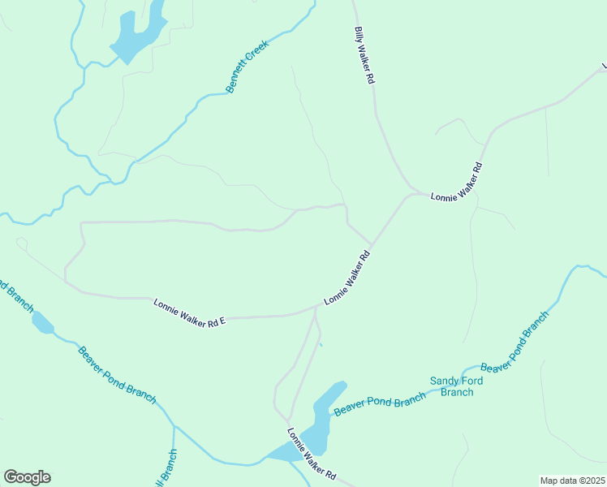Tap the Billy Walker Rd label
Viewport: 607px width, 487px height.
tap(364, 56)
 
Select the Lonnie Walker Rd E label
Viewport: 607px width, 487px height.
tap(188, 312)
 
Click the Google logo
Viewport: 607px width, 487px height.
tap(27, 477)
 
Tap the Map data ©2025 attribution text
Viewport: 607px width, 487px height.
tap(572, 481)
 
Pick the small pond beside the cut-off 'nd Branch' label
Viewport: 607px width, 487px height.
tap(42, 323)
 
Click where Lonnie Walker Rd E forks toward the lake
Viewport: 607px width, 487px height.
tap(316, 308)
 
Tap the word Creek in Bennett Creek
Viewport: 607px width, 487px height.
tap(257, 54)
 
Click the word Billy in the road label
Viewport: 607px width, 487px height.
tap(359, 35)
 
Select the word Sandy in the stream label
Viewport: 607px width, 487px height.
tap(444, 381)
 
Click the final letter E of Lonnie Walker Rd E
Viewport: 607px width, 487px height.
tap(221, 322)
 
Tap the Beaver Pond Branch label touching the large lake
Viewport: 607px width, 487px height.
tap(379, 403)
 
